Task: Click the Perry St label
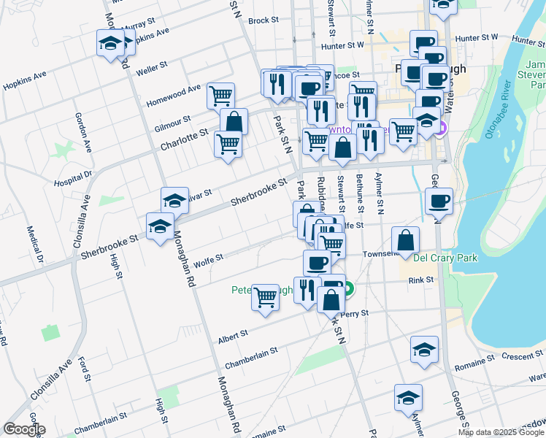357,313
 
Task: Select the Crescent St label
518,357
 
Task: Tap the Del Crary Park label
445,258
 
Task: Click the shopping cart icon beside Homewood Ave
220,95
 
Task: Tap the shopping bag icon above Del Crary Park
405,239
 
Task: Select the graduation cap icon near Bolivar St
175,200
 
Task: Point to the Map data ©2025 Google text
501,432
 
